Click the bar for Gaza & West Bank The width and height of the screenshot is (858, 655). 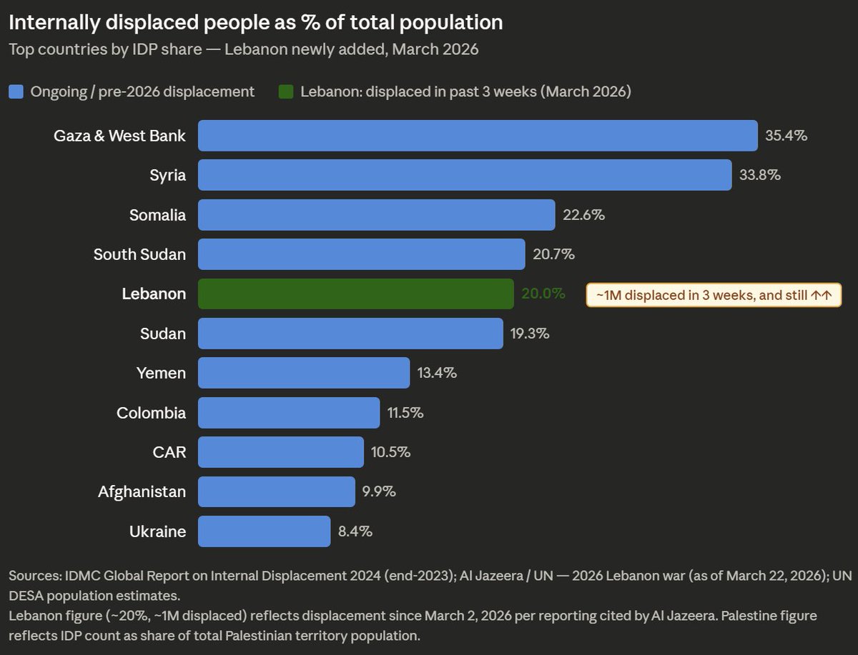[x=478, y=136]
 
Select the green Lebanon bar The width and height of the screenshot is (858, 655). [x=355, y=294]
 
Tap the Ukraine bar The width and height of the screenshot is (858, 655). [x=264, y=531]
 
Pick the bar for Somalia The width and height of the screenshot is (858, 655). [x=376, y=215]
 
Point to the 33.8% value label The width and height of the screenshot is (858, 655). [x=759, y=175]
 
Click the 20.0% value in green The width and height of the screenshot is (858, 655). [x=543, y=294]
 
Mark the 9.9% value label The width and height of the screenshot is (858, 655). [x=379, y=491]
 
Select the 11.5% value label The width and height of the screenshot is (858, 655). [x=405, y=413]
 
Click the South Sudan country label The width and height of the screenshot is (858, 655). [x=139, y=254]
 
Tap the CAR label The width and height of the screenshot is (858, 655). [x=169, y=452]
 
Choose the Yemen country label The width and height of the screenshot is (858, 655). [x=161, y=373]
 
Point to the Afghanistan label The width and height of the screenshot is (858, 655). [x=142, y=491]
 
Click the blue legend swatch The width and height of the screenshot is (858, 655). [x=16, y=91]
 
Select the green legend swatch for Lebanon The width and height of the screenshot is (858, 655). [x=286, y=91]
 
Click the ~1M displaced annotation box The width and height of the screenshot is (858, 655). [x=714, y=294]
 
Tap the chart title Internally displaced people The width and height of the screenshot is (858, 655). [x=255, y=23]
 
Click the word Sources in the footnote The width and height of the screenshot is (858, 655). [x=34, y=576]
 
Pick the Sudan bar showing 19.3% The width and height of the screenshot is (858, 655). [x=350, y=334]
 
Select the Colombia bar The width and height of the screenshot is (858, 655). [x=289, y=413]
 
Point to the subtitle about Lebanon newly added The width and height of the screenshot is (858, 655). [x=243, y=50]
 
